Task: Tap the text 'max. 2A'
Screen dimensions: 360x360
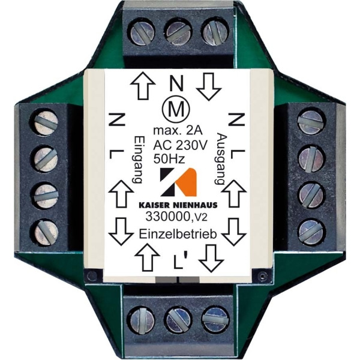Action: [178, 130]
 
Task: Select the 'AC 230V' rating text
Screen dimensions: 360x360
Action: [180, 145]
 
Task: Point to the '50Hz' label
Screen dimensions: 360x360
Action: [169, 158]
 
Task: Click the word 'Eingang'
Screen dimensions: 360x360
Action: [137, 160]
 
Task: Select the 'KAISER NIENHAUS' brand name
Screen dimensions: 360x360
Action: [178, 205]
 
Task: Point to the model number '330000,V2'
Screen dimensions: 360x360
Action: [176, 217]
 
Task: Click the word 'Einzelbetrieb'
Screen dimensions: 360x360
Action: [178, 235]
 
